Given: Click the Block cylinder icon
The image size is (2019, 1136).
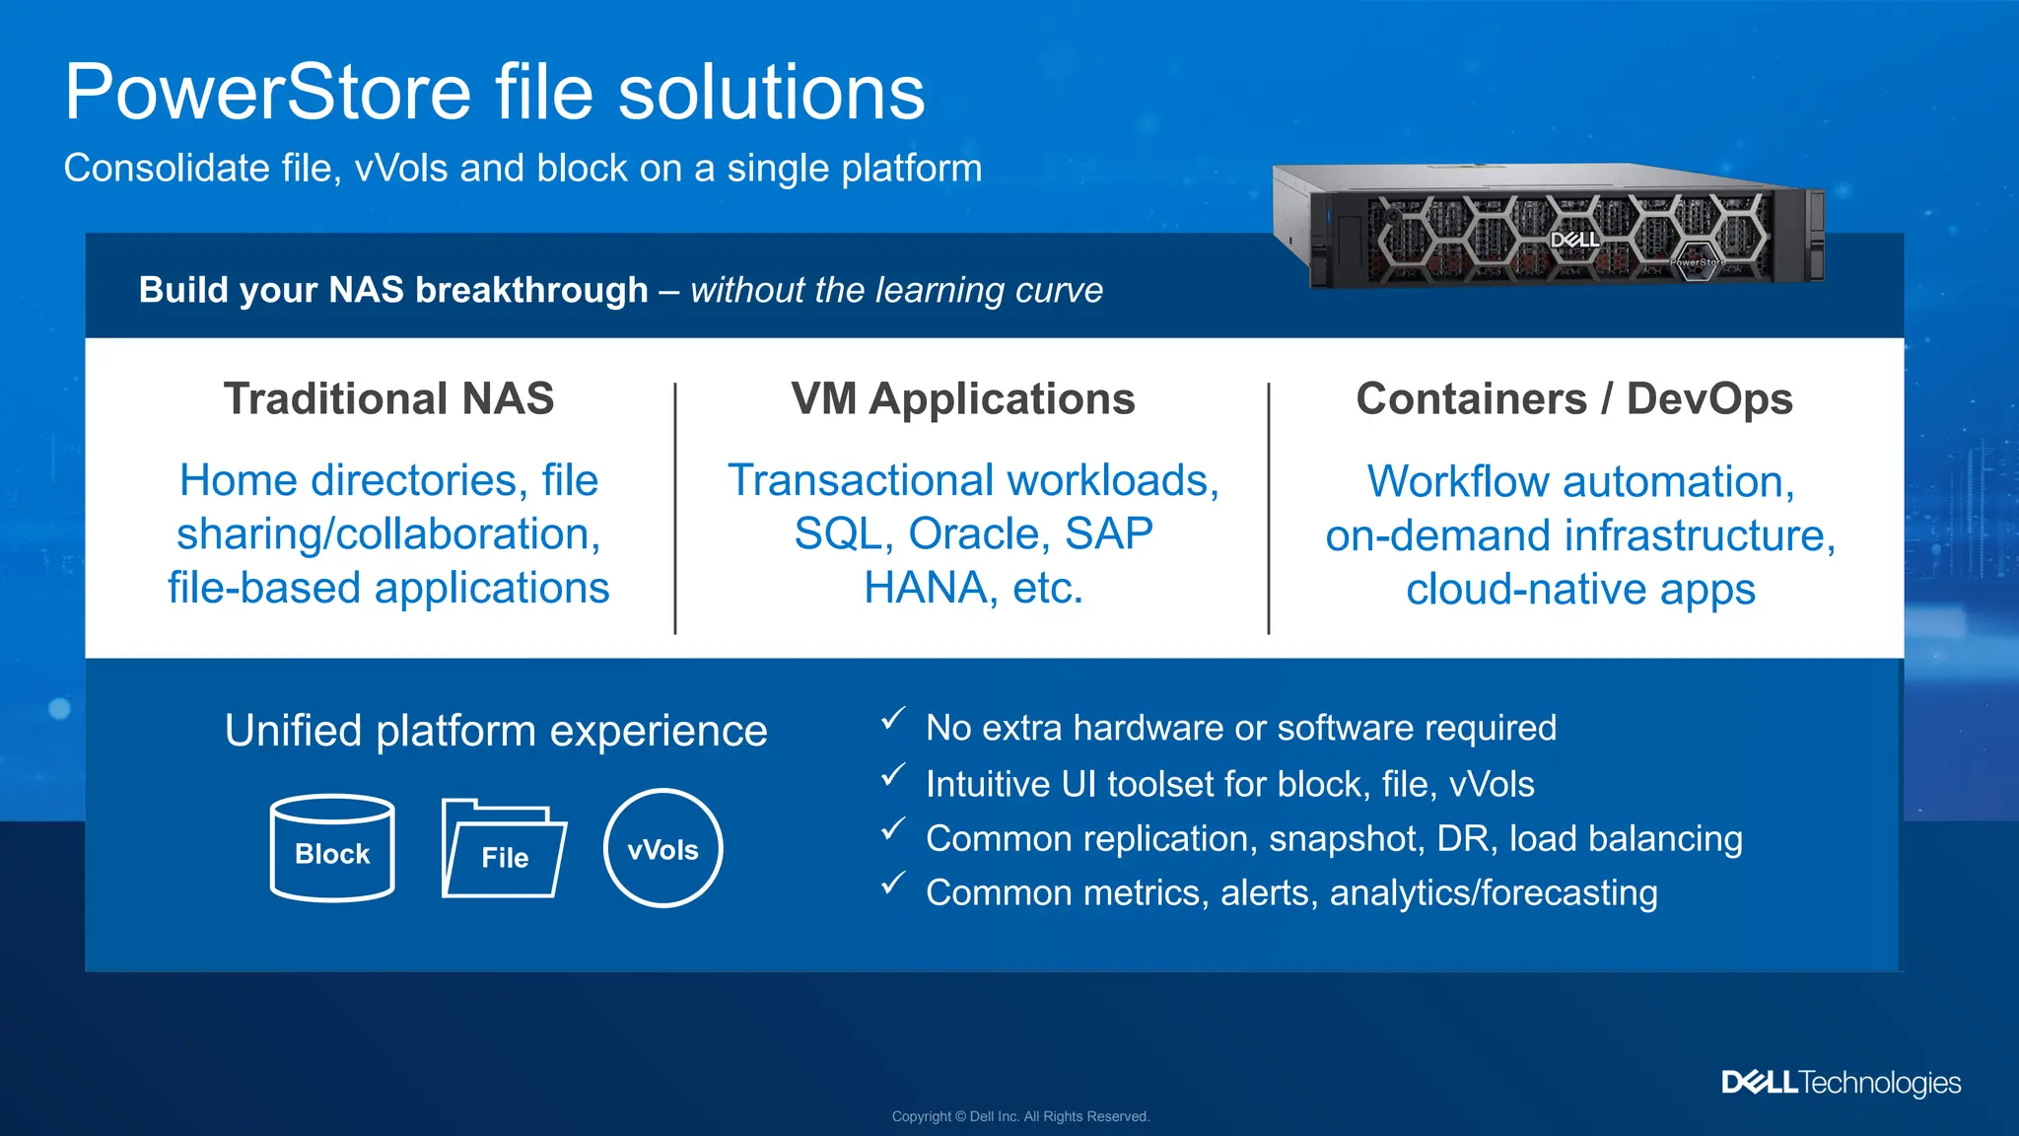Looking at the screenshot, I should coord(332,848).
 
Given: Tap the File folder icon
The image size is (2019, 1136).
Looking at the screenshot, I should coord(504,850).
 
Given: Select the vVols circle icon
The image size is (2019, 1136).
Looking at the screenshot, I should coord(662,848).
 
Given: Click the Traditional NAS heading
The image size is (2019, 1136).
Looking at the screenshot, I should coord(388,399).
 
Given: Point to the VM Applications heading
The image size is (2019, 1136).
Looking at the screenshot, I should coord(962,399).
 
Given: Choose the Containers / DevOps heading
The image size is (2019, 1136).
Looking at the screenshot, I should coord(1573,399).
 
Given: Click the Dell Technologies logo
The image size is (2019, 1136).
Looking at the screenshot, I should coord(1841,1083).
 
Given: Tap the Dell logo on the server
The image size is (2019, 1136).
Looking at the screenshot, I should coord(1574,240).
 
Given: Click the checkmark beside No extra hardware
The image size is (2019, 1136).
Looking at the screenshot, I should coord(892,719).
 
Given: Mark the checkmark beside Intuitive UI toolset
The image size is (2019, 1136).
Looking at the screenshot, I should coord(892,775).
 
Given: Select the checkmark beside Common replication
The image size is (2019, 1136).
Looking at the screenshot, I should coord(892,829).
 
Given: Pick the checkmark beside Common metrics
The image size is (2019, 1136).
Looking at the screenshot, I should coord(892,884).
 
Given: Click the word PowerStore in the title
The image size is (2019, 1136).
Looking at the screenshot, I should coord(268,93).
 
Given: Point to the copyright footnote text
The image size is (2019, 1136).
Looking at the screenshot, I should coord(1020,1116).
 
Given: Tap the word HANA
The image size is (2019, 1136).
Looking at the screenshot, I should coord(926,588).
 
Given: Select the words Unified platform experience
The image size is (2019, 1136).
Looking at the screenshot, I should coord(496,731).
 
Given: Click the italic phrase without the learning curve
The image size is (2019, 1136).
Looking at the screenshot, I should coord(896,290).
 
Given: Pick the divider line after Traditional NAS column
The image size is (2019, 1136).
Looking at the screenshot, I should coord(675,508).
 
